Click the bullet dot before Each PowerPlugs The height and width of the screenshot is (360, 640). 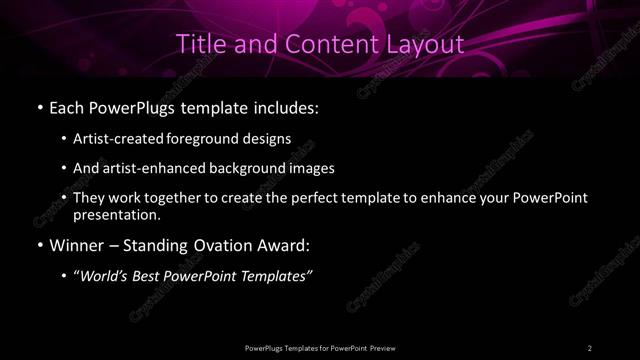[39, 105]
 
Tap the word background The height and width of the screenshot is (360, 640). [246, 168]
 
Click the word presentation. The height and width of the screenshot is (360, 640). [117, 214]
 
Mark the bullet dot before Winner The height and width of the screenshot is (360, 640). [39, 245]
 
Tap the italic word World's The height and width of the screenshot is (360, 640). [104, 276]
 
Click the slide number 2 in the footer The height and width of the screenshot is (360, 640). [589, 347]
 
